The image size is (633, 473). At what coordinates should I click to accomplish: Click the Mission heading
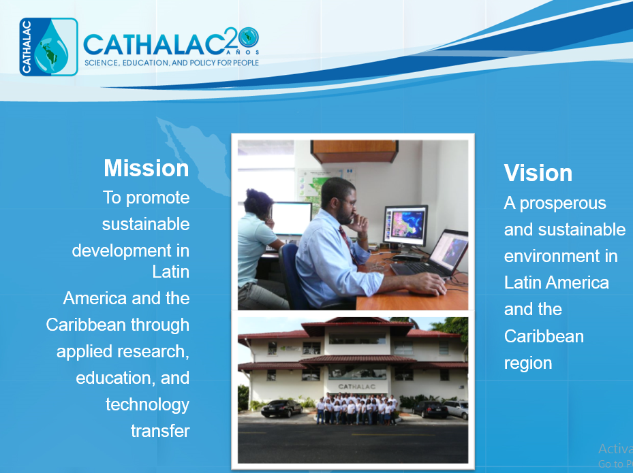pyautogui.click(x=146, y=167)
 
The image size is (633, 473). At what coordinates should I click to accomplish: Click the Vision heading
pyautogui.click(x=538, y=173)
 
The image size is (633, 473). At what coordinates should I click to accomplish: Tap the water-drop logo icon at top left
pyautogui.click(x=48, y=47)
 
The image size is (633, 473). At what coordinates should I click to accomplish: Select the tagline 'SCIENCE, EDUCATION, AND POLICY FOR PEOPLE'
pyautogui.click(x=172, y=63)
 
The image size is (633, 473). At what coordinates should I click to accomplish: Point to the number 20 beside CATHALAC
pyautogui.click(x=241, y=38)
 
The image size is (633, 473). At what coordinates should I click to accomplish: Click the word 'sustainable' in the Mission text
pyautogui.click(x=146, y=224)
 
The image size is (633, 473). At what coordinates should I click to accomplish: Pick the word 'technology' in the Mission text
pyautogui.click(x=147, y=405)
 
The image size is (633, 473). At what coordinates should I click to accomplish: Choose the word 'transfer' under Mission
pyautogui.click(x=160, y=431)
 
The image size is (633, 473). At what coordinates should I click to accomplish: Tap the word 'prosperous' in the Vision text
pyautogui.click(x=563, y=203)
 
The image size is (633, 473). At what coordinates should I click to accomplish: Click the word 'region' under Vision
pyautogui.click(x=527, y=363)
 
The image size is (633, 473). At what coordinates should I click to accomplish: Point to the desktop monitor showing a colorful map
pyautogui.click(x=405, y=227)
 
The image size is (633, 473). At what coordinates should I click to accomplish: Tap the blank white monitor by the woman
pyautogui.click(x=291, y=219)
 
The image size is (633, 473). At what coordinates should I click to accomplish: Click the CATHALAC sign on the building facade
pyautogui.click(x=357, y=387)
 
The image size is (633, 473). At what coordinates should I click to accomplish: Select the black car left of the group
pyautogui.click(x=281, y=408)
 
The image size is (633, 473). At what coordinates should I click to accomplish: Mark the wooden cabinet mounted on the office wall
pyautogui.click(x=354, y=151)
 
